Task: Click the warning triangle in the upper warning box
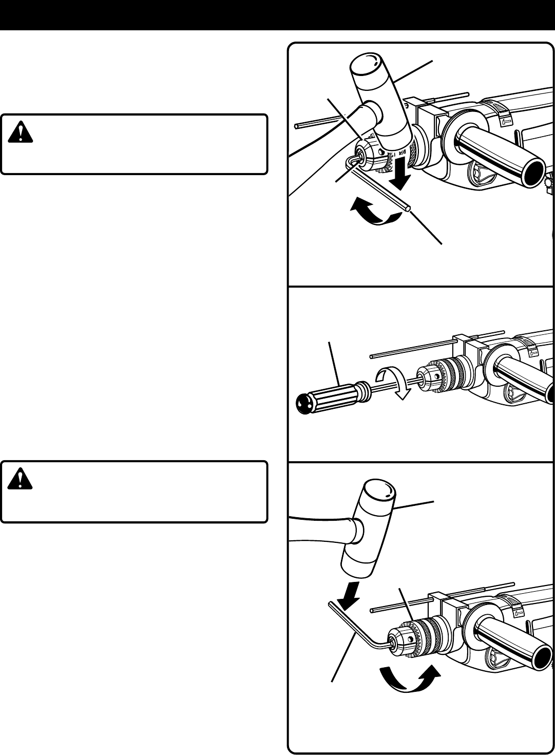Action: tap(21, 133)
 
